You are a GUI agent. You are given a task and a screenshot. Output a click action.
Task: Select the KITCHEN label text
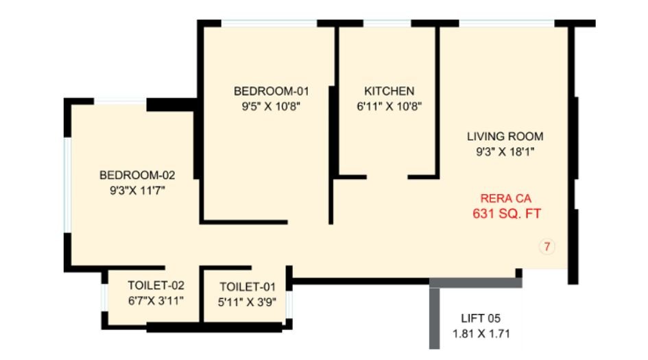[x=389, y=91]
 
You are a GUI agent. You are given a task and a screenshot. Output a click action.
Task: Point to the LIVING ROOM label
[x=505, y=136]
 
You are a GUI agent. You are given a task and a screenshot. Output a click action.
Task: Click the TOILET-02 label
[x=156, y=285]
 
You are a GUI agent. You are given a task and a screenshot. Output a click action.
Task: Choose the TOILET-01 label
[x=247, y=287]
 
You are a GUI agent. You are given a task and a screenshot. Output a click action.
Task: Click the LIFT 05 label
[x=481, y=318]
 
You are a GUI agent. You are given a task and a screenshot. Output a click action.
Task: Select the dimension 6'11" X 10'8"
[x=389, y=106]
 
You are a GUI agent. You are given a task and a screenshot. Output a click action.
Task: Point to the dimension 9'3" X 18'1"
[x=505, y=152]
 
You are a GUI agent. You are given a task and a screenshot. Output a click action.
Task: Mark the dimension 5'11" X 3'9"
[x=247, y=302]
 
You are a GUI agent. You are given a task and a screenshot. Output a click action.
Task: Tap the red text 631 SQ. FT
[x=507, y=214]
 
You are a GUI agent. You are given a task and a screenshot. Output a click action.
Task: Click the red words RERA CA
[x=506, y=199]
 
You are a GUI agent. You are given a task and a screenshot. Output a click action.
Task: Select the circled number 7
[x=547, y=247]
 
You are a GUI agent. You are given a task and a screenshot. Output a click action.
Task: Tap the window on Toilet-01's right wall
[x=289, y=304]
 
